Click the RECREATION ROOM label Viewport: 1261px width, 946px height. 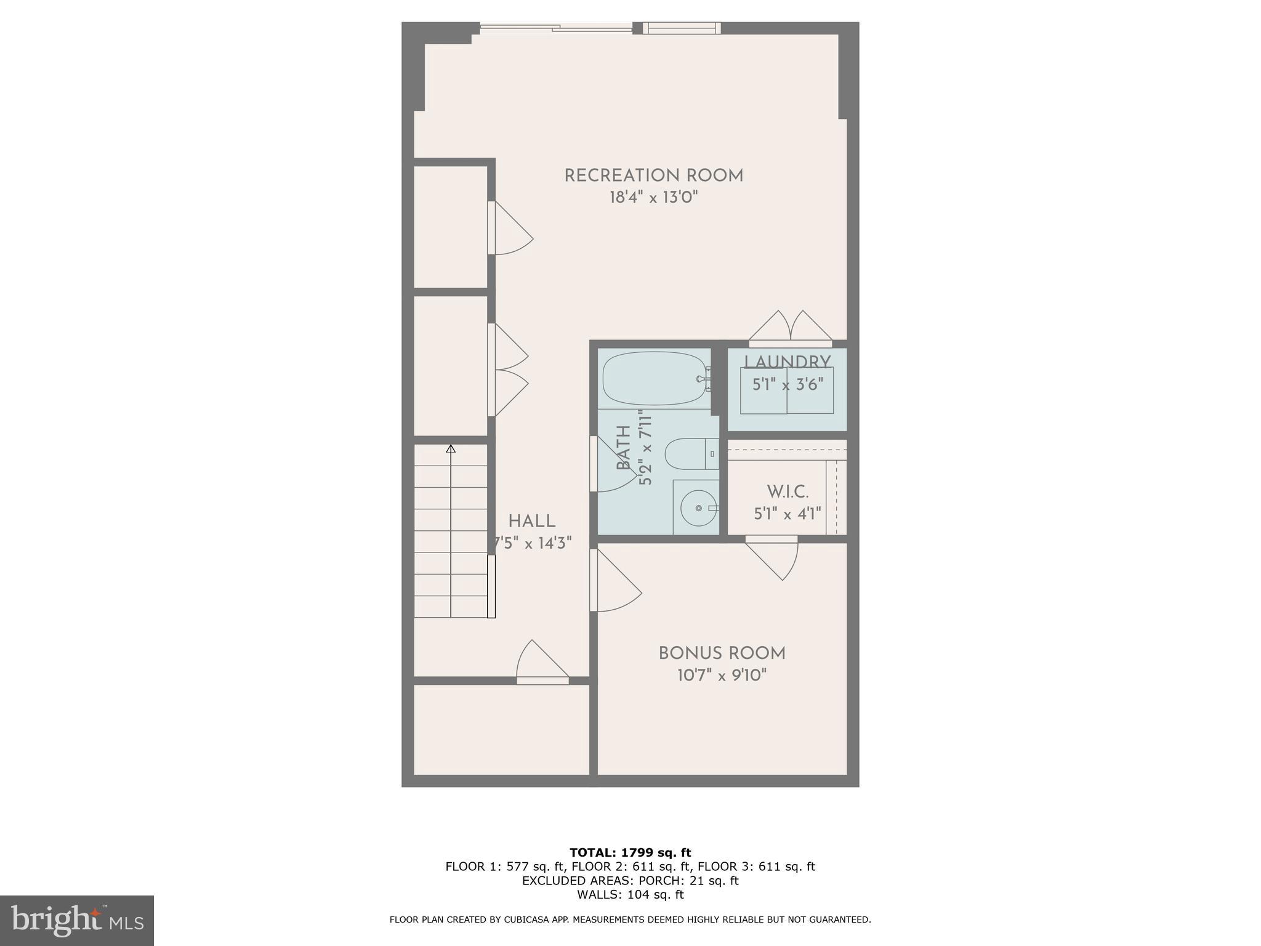click(654, 176)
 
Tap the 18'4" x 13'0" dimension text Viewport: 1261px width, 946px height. click(654, 198)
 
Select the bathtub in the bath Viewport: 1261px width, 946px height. click(656, 378)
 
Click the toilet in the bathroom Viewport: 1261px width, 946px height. click(691, 454)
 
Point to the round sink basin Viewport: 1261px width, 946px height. click(699, 508)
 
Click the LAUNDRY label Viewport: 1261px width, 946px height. click(788, 362)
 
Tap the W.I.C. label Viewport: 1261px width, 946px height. click(788, 492)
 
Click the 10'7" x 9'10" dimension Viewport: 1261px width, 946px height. click(722, 676)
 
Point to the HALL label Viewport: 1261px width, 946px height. click(532, 522)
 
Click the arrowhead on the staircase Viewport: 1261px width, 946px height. click(451, 448)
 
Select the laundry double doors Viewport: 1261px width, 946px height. click(791, 328)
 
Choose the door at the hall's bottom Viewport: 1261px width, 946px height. click(542, 661)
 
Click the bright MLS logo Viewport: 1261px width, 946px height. click(77, 920)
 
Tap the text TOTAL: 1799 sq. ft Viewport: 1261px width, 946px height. click(630, 853)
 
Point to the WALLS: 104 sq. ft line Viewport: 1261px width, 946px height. click(630, 895)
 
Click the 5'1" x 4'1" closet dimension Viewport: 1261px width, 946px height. click(788, 514)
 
